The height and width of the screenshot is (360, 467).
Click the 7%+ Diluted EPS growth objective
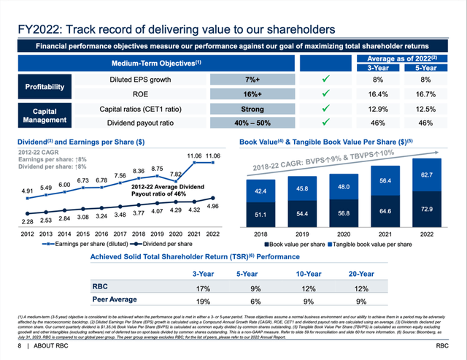(253, 78)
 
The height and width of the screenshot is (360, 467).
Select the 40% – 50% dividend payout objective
(253, 123)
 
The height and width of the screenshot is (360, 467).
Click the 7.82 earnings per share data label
(176, 175)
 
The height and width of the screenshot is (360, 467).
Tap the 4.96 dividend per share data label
(212, 206)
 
